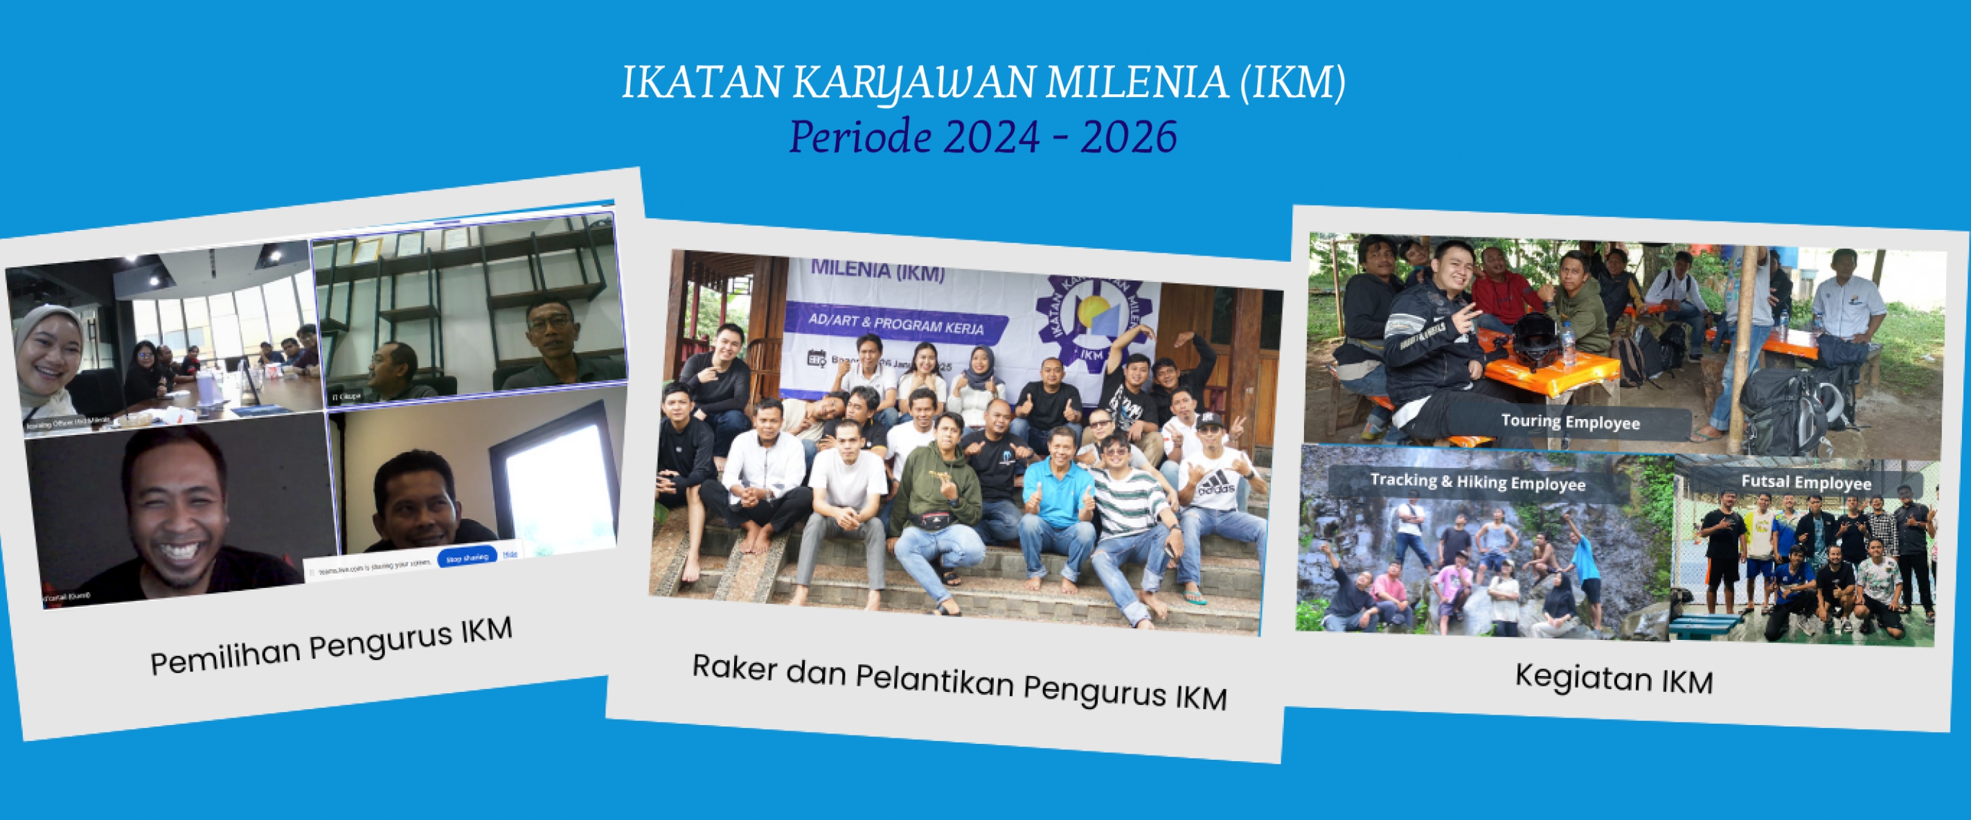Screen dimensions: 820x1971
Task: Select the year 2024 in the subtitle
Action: [992, 137]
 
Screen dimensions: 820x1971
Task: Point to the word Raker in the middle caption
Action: [735, 667]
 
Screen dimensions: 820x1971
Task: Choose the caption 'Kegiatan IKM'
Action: [1614, 679]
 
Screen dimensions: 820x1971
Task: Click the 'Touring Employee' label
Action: [1570, 422]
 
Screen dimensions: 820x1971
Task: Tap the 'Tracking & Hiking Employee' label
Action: [1477, 482]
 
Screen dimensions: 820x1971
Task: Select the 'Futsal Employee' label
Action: [1805, 482]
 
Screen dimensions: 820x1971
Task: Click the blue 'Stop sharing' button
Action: [467, 558]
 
